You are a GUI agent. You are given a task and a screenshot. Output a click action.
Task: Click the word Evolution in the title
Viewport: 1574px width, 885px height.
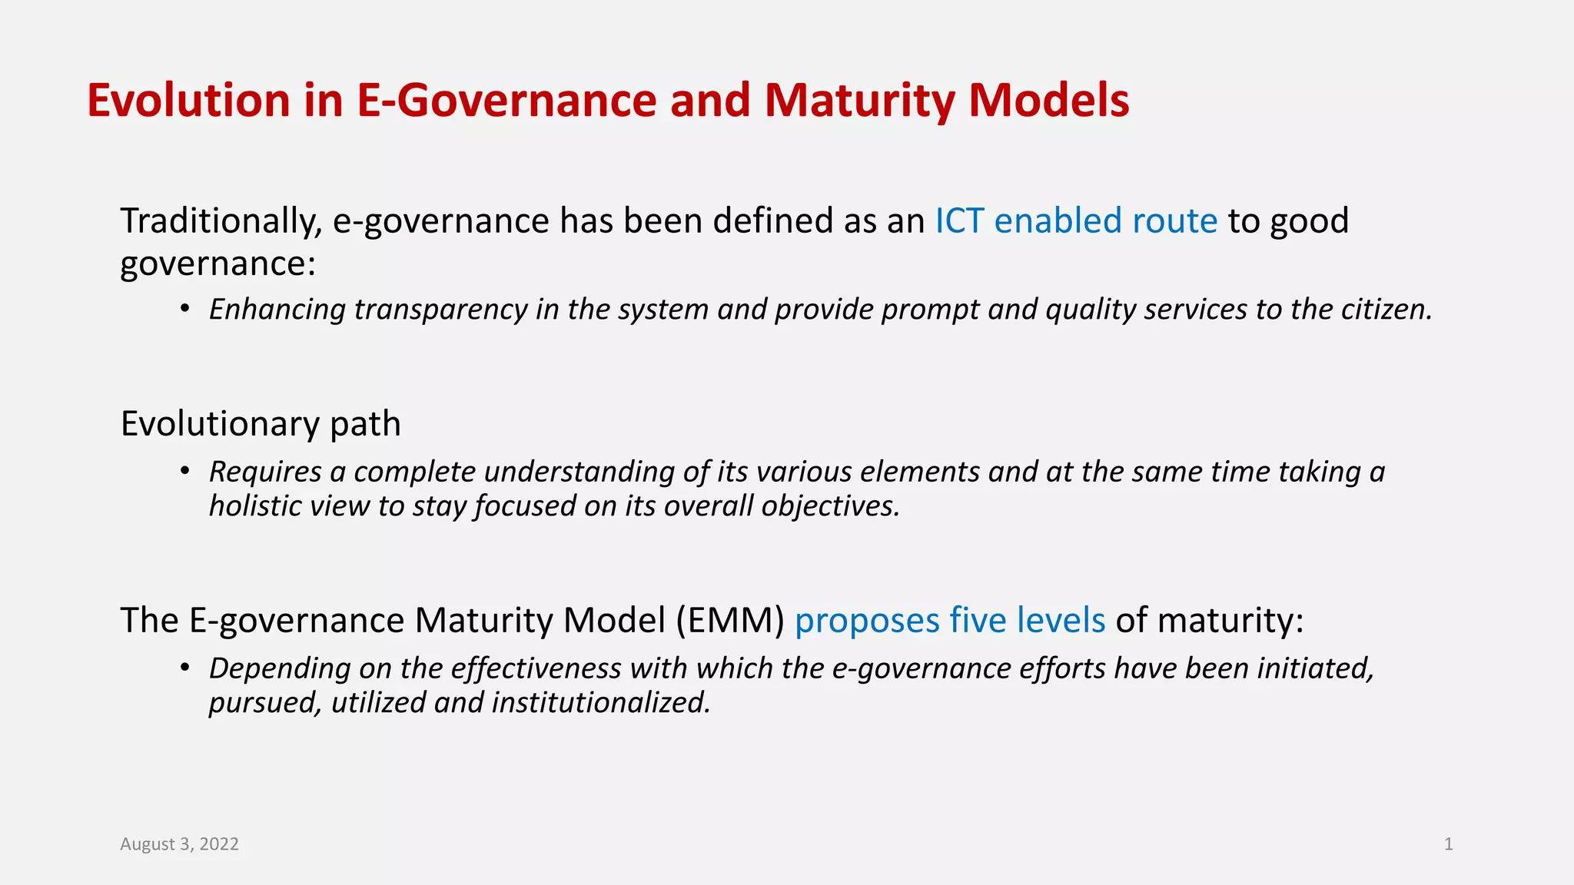[x=188, y=101]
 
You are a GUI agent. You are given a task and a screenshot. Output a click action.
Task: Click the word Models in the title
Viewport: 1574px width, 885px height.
[x=1048, y=101]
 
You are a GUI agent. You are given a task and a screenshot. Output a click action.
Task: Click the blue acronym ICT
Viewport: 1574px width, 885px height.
[x=959, y=221]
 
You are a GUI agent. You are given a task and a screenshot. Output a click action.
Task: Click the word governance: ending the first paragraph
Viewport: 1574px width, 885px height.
[x=218, y=264]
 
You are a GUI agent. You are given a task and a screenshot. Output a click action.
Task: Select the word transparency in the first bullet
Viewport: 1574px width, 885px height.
[x=440, y=310]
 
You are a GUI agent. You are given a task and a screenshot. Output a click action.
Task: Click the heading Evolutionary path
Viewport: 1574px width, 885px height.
[x=261, y=424]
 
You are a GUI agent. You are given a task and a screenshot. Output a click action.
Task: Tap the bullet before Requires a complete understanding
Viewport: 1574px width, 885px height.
[x=184, y=471]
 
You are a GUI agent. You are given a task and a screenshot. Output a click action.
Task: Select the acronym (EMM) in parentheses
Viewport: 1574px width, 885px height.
[x=730, y=621]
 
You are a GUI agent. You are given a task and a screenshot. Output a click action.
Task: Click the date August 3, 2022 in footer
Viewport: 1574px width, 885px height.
[x=179, y=844]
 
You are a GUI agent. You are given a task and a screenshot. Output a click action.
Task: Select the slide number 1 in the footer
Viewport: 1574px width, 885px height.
[x=1448, y=844]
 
